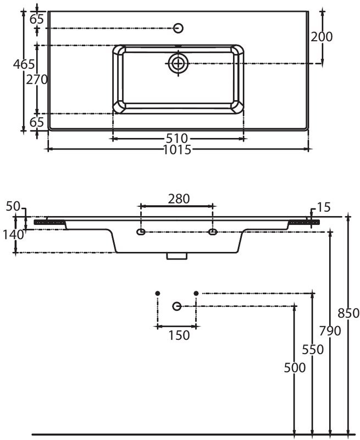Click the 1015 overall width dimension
click(x=177, y=150)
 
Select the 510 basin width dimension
click(x=177, y=139)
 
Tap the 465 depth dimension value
click(x=24, y=64)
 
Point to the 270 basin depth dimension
click(x=37, y=80)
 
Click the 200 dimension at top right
click(x=322, y=37)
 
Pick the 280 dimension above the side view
click(x=179, y=199)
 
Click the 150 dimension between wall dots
click(x=179, y=335)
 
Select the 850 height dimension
click(x=348, y=313)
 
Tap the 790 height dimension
click(x=330, y=331)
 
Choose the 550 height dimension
click(x=313, y=349)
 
